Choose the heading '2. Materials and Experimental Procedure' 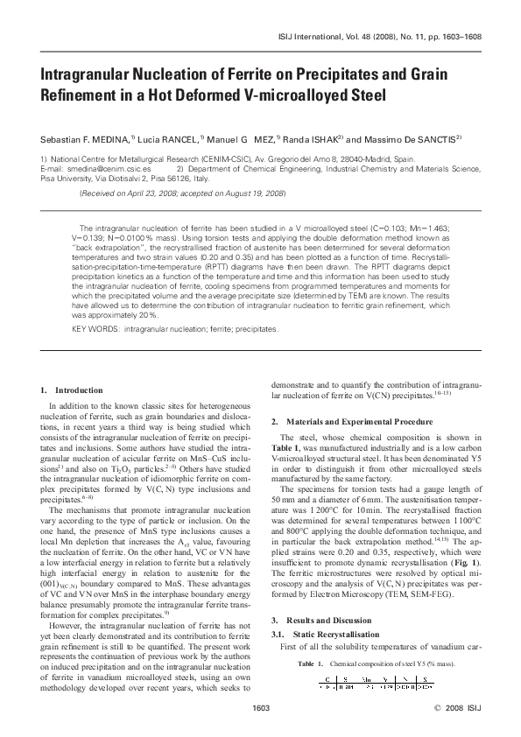point(356,421)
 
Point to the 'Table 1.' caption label point(305,664)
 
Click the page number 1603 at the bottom point(260,705)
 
